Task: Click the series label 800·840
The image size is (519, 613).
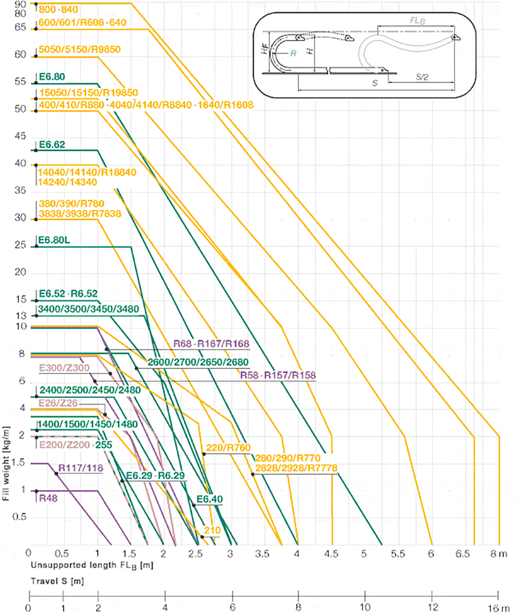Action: (58, 10)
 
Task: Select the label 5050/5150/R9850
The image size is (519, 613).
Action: (79, 49)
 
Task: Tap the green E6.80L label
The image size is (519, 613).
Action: (54, 240)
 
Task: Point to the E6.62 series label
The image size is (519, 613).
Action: (52, 145)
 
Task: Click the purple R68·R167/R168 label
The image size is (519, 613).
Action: (211, 344)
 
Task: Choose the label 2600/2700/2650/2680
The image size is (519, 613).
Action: (198, 362)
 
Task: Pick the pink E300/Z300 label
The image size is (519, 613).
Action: (64, 368)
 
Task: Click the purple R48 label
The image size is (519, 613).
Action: (48, 499)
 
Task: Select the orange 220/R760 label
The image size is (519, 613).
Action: (228, 448)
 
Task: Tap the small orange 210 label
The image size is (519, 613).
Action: (212, 530)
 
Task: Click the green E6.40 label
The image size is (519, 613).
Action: (210, 499)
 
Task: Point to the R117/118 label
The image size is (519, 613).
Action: (81, 468)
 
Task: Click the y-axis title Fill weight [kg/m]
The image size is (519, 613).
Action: (6, 464)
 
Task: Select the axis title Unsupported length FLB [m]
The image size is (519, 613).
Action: (92, 566)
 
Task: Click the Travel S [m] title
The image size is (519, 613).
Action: (57, 581)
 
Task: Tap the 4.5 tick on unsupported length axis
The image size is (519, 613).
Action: (331, 554)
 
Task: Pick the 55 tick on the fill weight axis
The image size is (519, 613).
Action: (20, 82)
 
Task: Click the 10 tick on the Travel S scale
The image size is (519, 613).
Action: (365, 607)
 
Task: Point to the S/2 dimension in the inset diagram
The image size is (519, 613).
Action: (422, 77)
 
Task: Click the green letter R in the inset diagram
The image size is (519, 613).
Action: (293, 54)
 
